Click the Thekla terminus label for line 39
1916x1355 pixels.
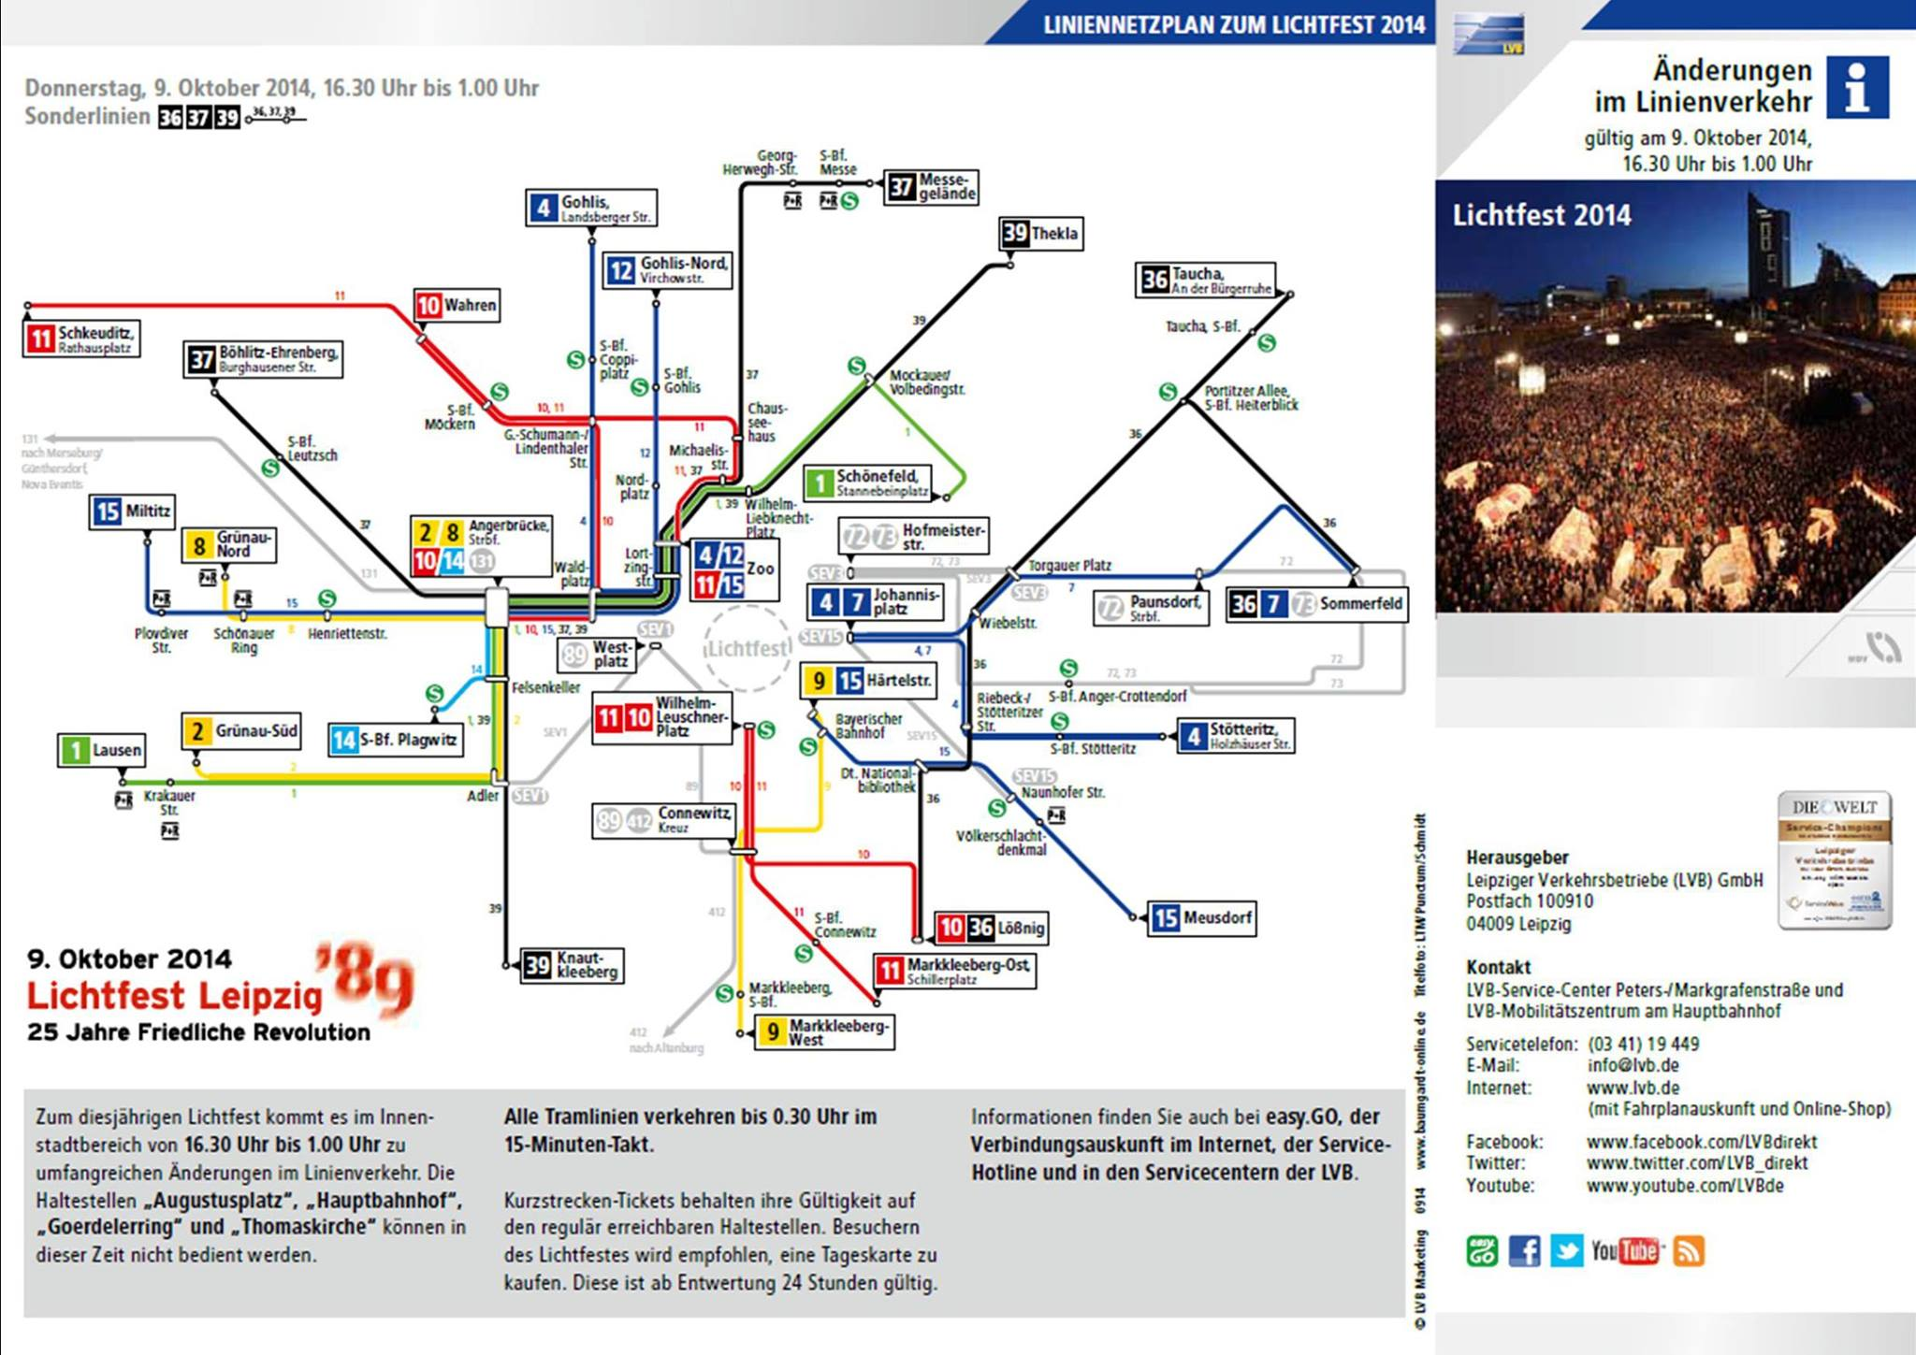pos(1041,233)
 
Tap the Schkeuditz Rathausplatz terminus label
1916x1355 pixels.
pos(82,339)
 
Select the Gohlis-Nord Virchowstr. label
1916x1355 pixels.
pos(667,270)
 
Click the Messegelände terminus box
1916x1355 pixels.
pos(932,187)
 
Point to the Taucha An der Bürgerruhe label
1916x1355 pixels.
pos(1205,280)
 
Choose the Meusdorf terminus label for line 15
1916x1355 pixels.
pos(1201,917)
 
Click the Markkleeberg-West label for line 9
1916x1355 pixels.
pos(824,1032)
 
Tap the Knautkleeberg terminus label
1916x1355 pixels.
pos(572,965)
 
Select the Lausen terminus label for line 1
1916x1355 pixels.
pos(102,750)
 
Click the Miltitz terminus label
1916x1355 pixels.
pos(134,512)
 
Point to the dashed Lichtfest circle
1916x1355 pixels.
pos(748,648)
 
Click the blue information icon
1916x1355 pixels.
pos(1857,87)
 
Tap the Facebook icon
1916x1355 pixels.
pos(1524,1250)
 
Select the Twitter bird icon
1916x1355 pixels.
pos(1566,1250)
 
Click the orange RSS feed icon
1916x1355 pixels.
pos(1689,1250)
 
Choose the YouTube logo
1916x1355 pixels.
pos(1627,1250)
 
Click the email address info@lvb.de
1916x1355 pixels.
pos(1633,1065)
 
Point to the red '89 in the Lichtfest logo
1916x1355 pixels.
pos(365,977)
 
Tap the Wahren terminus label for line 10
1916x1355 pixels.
pos(457,306)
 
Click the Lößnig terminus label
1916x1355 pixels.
pos(991,928)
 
